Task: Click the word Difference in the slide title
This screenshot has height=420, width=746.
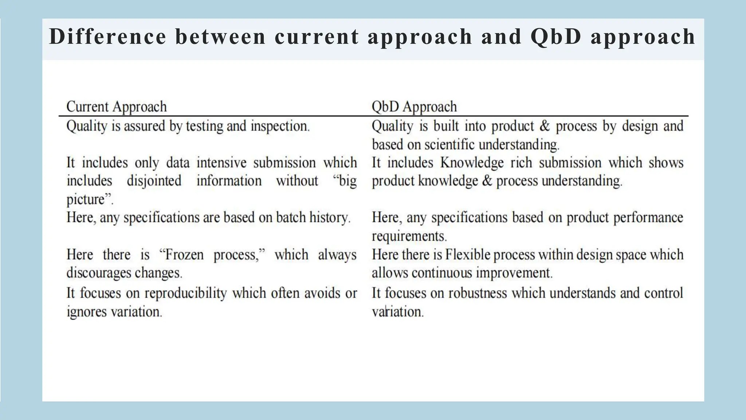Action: click(108, 37)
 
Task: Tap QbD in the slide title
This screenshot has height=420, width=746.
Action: click(556, 37)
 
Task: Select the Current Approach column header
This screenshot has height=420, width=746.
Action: click(117, 107)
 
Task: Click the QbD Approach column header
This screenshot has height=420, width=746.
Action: click(414, 107)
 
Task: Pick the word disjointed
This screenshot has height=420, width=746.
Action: click(154, 181)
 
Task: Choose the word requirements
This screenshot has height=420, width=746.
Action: click(409, 236)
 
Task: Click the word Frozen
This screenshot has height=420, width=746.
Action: click(184, 254)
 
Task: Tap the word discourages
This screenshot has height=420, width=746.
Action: click(99, 273)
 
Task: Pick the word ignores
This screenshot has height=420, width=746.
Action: click(87, 312)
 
